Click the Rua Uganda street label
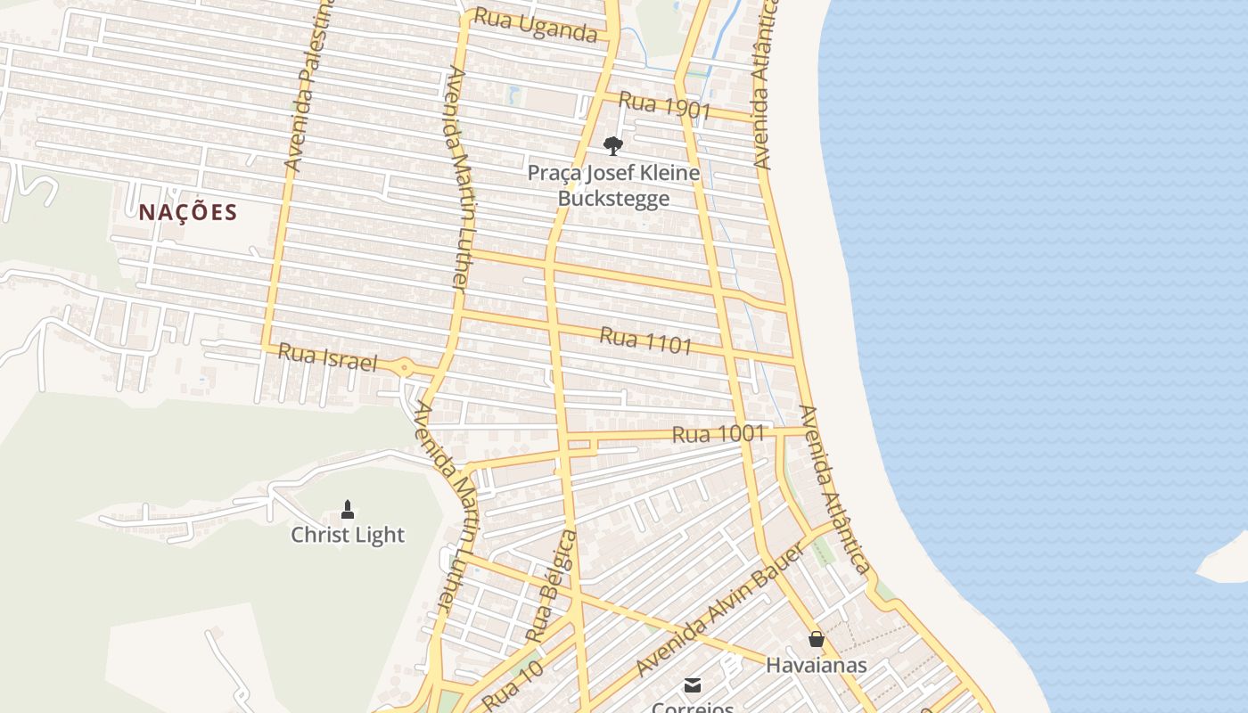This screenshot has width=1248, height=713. pyautogui.click(x=535, y=25)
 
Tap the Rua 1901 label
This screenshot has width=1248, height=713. pyautogui.click(x=664, y=105)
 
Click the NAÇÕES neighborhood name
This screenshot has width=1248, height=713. pyautogui.click(x=188, y=212)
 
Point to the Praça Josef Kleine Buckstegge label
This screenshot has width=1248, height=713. pyautogui.click(x=613, y=185)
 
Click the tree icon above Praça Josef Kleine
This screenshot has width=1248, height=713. pyautogui.click(x=612, y=145)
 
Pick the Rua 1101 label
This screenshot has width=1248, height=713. pyautogui.click(x=645, y=339)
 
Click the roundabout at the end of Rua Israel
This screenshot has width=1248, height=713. pyautogui.click(x=404, y=366)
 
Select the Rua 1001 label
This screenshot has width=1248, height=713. pyautogui.click(x=718, y=434)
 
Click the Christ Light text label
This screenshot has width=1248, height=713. pyautogui.click(x=348, y=535)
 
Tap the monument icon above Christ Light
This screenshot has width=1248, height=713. pyautogui.click(x=348, y=510)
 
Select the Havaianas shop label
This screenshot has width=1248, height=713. pyautogui.click(x=816, y=665)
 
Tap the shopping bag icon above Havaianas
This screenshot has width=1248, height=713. pyautogui.click(x=816, y=639)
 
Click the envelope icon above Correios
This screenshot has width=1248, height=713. pyautogui.click(x=693, y=684)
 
